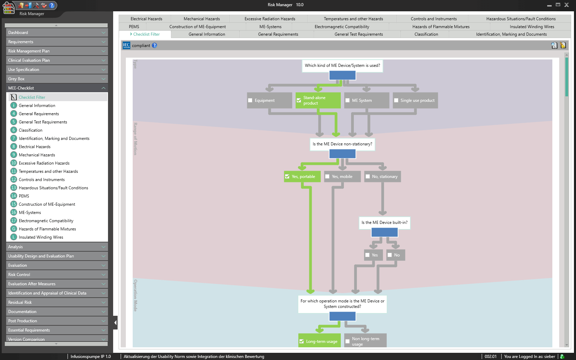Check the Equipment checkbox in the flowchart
pyautogui.click(x=250, y=100)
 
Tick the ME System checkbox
pyautogui.click(x=348, y=100)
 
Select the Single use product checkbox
pyautogui.click(x=396, y=100)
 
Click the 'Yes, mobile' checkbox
pyautogui.click(x=327, y=177)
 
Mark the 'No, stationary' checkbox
pyautogui.click(x=368, y=177)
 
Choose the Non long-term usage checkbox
pyautogui.click(x=348, y=341)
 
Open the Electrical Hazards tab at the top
pyautogui.click(x=146, y=19)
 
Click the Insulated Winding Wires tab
pyautogui.click(x=532, y=27)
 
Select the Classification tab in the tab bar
pyautogui.click(x=426, y=34)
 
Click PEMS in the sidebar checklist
pyautogui.click(x=24, y=196)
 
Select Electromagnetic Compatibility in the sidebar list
pyautogui.click(x=46, y=221)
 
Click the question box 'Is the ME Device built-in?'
pyautogui.click(x=384, y=223)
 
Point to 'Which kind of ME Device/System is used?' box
pyautogui.click(x=342, y=65)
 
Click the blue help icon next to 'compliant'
pyautogui.click(x=155, y=45)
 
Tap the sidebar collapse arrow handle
pyautogui.click(x=115, y=323)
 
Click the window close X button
pyautogui.click(x=567, y=5)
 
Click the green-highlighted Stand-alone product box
pyautogui.click(x=318, y=100)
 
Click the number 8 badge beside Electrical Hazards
pyautogui.click(x=14, y=147)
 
